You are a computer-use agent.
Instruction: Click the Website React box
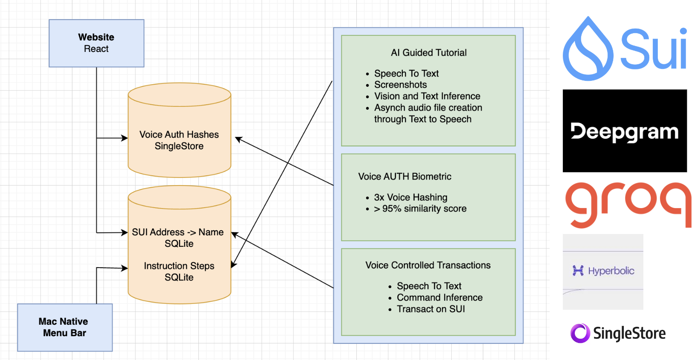point(96,43)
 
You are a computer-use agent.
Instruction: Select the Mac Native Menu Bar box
point(65,327)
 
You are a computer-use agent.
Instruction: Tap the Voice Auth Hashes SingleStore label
point(179,140)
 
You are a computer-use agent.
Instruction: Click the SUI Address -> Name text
point(178,232)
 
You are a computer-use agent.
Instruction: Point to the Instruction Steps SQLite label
point(179,271)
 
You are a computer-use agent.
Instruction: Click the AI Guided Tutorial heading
point(428,53)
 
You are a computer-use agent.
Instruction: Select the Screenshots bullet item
point(400,85)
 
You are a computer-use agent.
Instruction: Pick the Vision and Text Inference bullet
point(427,96)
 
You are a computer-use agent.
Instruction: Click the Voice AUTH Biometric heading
point(405,177)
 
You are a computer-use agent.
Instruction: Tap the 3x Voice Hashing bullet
point(410,197)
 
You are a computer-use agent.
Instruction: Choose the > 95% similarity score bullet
point(420,209)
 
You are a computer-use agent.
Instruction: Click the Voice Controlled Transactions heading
point(427,266)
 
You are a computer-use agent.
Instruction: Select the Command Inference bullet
point(439,297)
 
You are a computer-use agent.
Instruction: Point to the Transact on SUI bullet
point(430,309)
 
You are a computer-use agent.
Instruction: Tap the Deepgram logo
point(624,131)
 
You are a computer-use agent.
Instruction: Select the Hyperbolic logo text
point(611,271)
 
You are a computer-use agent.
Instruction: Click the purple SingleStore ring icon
point(580,333)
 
